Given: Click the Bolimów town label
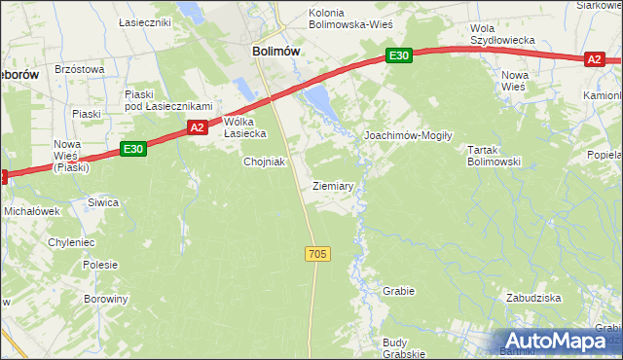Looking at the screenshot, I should pyautogui.click(x=275, y=52).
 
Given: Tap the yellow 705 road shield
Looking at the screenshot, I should pyautogui.click(x=317, y=254).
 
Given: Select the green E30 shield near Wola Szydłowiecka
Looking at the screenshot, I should pyautogui.click(x=398, y=56).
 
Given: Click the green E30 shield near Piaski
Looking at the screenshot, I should pyautogui.click(x=134, y=149).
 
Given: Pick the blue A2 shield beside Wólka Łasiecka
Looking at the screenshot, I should pyautogui.click(x=197, y=127).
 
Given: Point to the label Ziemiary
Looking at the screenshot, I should pyautogui.click(x=333, y=185).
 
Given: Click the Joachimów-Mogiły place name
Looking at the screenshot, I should pyautogui.click(x=408, y=135).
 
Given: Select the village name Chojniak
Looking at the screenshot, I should pyautogui.click(x=264, y=162).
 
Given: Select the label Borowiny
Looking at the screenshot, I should pyautogui.click(x=105, y=299).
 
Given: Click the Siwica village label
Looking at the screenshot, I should pyautogui.click(x=103, y=202).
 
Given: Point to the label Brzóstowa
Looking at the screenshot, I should pyautogui.click(x=79, y=69).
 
